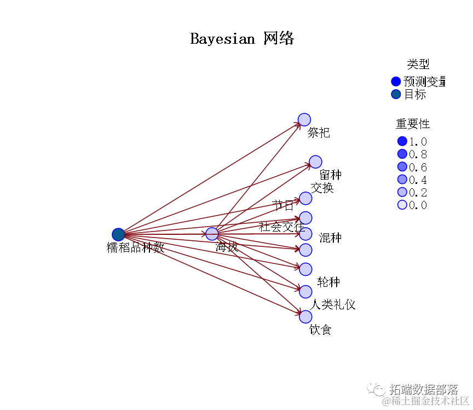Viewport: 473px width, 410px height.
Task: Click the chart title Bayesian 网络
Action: coord(242,39)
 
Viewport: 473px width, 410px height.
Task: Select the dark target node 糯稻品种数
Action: coord(118,234)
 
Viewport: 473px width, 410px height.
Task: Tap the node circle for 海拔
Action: coord(212,234)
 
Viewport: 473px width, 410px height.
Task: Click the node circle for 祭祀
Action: coord(304,119)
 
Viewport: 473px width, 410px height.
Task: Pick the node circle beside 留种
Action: coord(315,161)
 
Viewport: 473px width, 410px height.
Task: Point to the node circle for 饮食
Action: coord(305,316)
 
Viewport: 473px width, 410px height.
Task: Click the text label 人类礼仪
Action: coord(333,304)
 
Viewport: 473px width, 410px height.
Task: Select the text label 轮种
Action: coord(328,282)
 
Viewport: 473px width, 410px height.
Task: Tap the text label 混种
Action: coord(330,238)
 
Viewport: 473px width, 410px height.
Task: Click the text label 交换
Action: coord(322,188)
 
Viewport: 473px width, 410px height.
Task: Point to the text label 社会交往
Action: coord(281,226)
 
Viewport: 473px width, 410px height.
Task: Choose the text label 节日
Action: coord(283,206)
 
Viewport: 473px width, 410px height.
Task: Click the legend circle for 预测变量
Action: coord(396,82)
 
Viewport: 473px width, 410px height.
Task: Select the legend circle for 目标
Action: coord(396,94)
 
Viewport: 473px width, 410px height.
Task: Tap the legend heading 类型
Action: coord(418,65)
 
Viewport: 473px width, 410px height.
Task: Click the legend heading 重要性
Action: coord(413,124)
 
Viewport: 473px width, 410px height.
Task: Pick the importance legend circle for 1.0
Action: coord(402,141)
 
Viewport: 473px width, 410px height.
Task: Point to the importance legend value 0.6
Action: coord(418,167)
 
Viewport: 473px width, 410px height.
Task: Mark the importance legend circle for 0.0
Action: coord(402,205)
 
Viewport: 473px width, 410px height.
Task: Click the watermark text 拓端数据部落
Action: coord(423,389)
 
